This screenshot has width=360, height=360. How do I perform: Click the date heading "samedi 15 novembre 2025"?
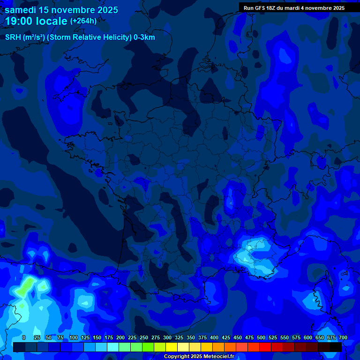61,10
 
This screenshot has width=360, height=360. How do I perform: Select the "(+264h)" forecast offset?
83,21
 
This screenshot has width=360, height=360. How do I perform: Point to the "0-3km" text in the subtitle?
144,37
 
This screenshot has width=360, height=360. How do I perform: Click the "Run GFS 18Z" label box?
262,8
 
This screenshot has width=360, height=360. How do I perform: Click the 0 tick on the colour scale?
24,337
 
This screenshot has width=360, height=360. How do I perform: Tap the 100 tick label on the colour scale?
74,337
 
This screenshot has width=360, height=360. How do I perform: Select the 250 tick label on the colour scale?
144,337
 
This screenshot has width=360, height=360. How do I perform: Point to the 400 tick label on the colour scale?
214,337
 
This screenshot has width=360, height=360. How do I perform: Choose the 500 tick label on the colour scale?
261,337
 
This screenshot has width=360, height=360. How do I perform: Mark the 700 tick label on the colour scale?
343,337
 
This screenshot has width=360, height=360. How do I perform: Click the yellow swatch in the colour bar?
172,347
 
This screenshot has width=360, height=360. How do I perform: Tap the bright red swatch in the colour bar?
265,347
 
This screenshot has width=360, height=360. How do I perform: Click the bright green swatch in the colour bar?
148,347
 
